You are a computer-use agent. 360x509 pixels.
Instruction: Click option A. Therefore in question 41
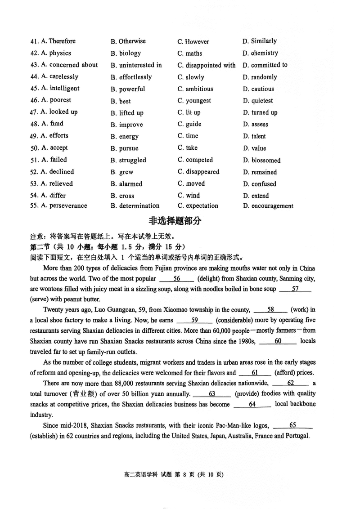[58, 41]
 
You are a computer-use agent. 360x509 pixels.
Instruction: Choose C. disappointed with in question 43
[206, 65]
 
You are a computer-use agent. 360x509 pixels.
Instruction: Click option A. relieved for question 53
[56, 183]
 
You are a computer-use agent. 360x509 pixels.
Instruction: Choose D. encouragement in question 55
[268, 206]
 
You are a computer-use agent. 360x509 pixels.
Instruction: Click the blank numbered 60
[278, 341]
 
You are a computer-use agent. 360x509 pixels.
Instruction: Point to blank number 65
[292, 425]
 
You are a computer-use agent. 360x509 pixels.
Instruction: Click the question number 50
[34, 148]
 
